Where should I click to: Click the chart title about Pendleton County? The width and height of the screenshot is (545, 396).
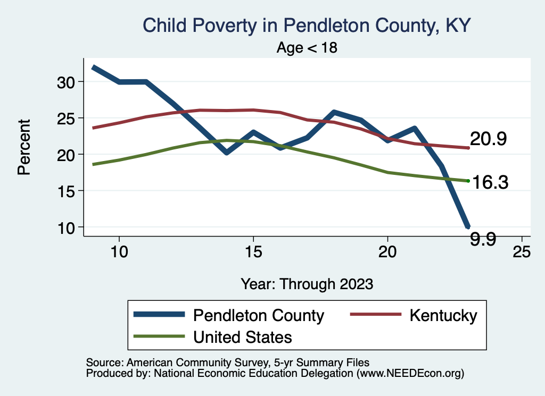(x=307, y=25)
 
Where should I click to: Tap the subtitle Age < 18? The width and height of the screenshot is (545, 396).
(x=307, y=48)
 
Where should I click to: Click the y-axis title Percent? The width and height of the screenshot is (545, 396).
(x=24, y=154)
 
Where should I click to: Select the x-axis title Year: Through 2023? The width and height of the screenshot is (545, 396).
(x=307, y=283)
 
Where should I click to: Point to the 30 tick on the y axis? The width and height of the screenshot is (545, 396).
(x=68, y=82)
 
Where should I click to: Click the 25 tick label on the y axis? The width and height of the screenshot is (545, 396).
(x=68, y=118)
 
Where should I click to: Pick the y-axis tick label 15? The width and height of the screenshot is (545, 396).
(x=68, y=191)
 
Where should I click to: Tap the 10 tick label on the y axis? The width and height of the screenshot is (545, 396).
(x=68, y=228)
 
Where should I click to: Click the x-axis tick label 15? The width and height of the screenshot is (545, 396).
(x=253, y=251)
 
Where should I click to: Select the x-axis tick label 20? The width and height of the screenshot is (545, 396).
(x=387, y=251)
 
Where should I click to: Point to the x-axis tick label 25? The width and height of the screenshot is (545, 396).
(x=522, y=251)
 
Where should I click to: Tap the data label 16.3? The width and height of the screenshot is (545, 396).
(x=490, y=182)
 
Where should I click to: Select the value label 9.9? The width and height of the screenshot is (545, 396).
(x=483, y=239)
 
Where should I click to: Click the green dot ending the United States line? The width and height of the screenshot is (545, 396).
(x=468, y=181)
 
